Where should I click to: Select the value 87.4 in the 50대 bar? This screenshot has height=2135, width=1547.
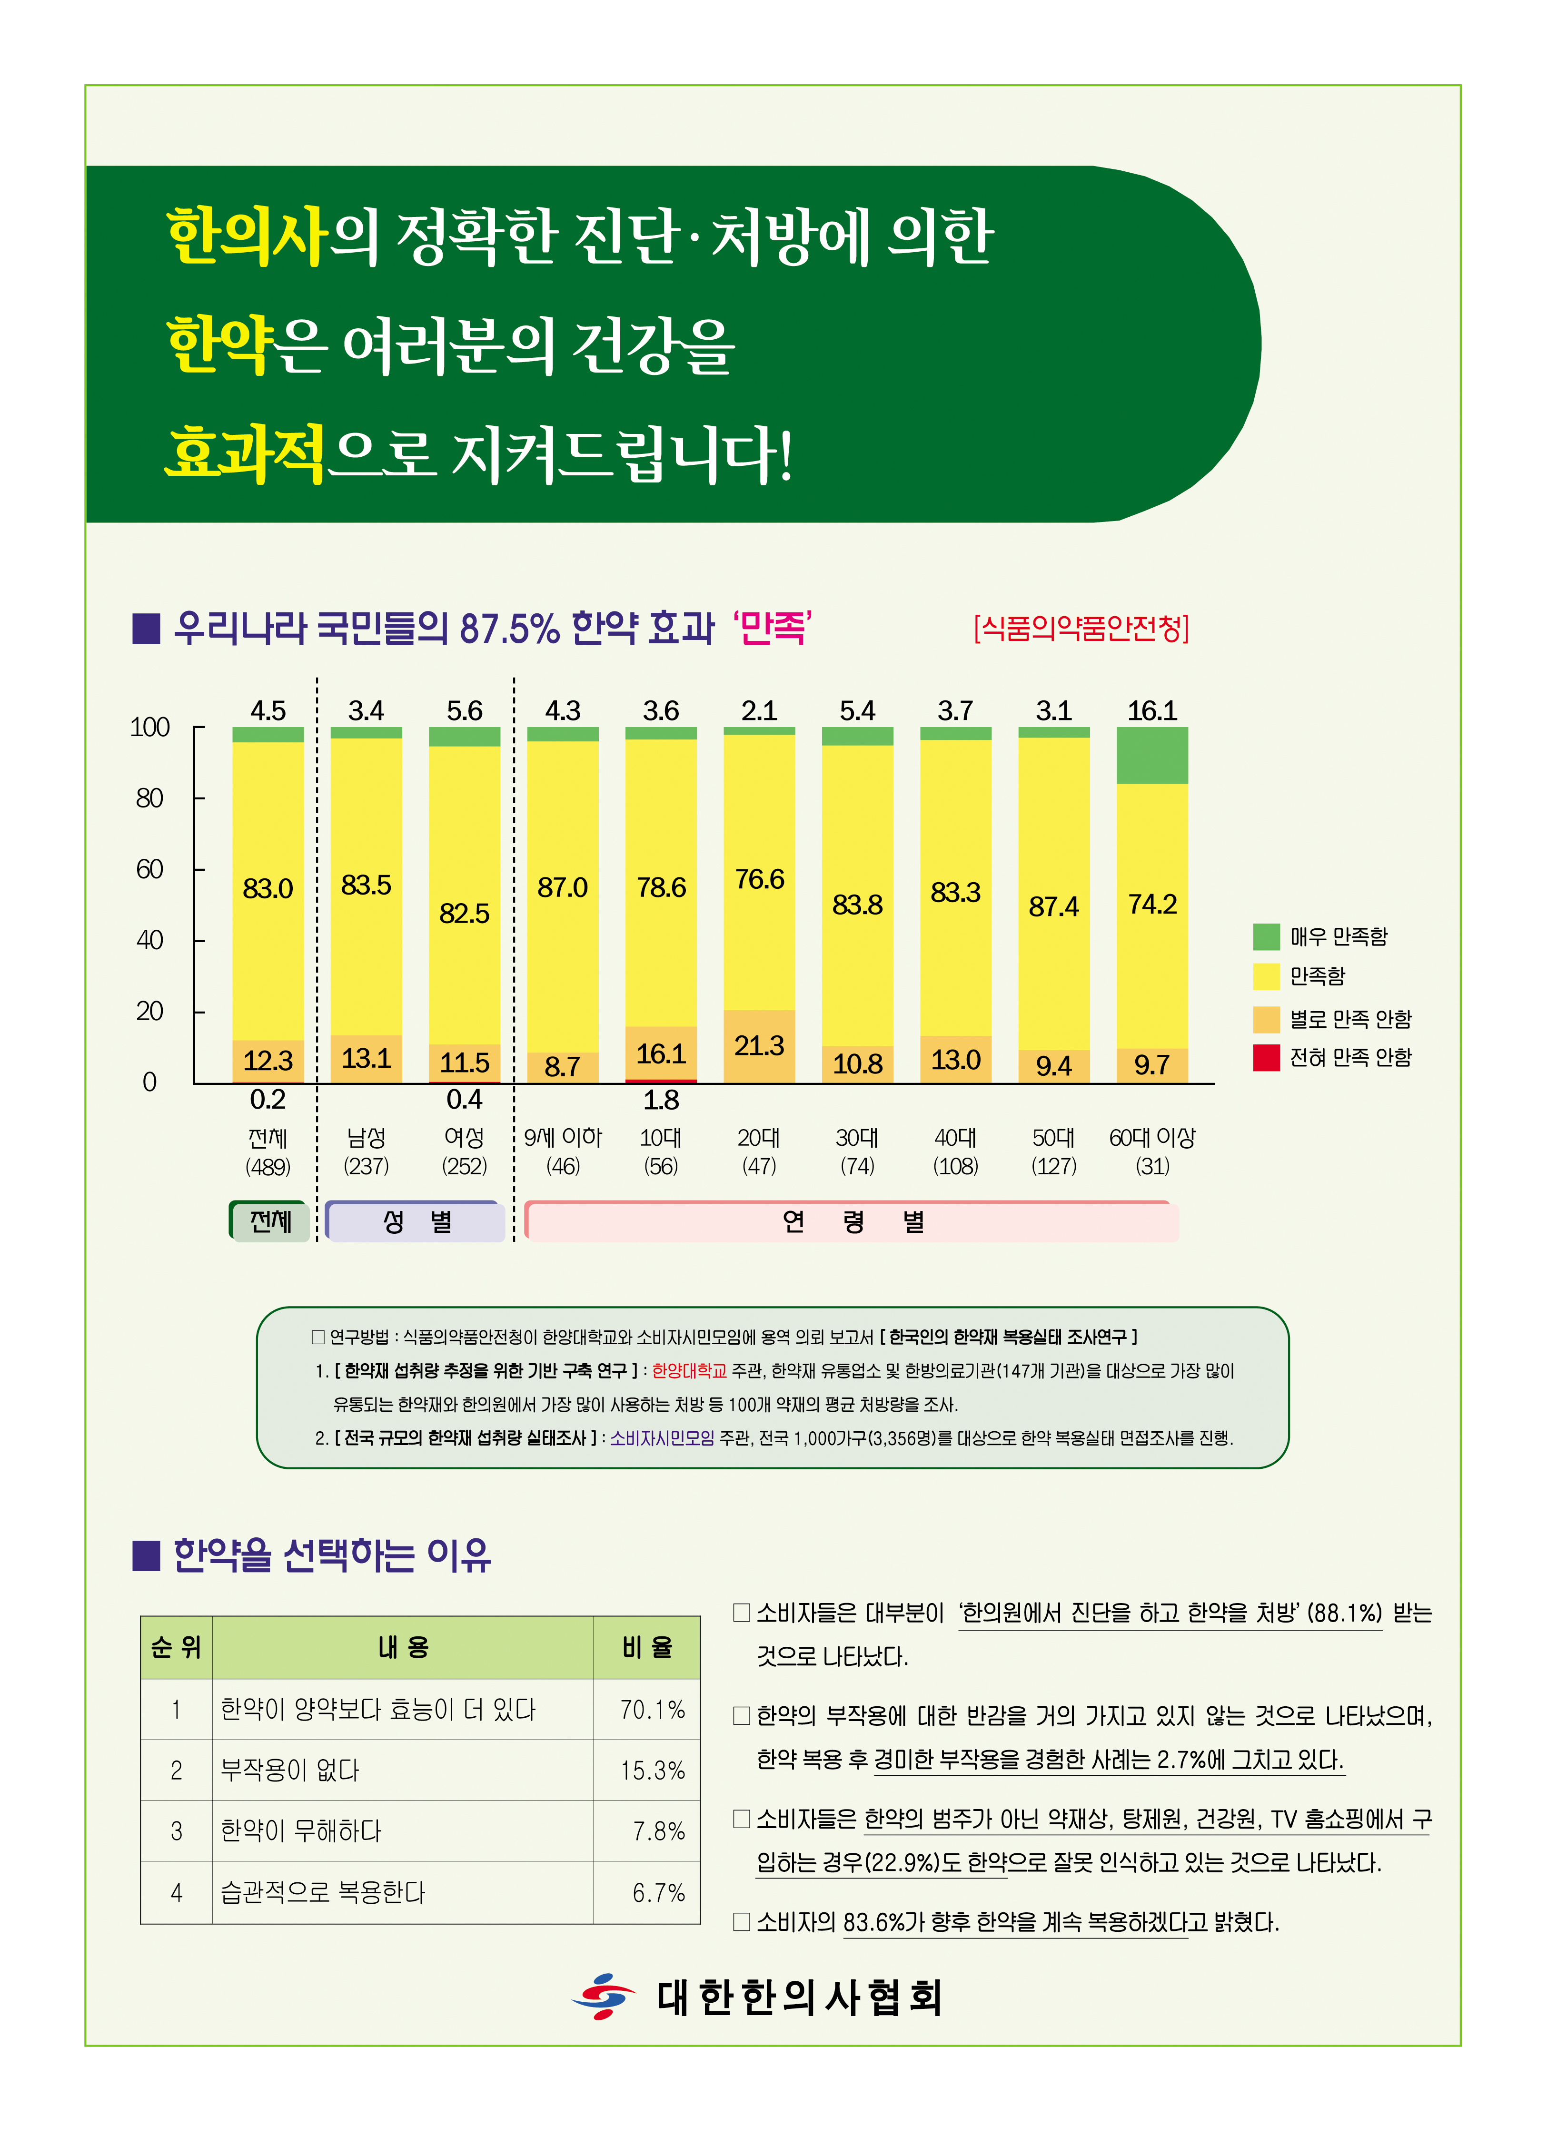point(1053,906)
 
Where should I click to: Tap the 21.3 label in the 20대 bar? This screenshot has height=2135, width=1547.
point(759,1046)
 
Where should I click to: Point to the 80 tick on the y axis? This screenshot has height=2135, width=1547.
point(150,798)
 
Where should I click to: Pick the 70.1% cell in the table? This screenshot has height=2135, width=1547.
point(652,1710)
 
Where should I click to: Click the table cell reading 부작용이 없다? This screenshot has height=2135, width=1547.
point(290,1771)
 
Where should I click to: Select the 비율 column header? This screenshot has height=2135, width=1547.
point(647,1647)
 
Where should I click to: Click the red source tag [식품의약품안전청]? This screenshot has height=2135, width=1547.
point(1081,628)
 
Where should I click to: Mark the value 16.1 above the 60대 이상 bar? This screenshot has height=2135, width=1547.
point(1151,711)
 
